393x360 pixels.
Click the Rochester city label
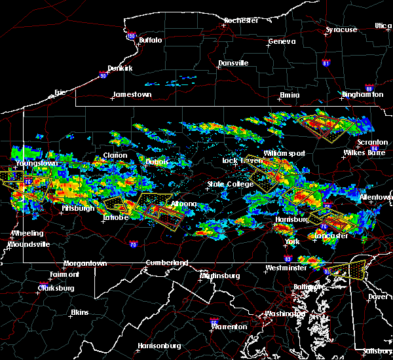click(241, 20)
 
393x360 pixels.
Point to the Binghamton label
click(362, 95)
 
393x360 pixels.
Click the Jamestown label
click(132, 94)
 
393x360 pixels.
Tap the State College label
click(230, 185)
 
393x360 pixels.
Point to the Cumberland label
click(167, 262)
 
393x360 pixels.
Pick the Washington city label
click(284, 314)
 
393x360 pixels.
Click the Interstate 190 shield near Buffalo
click(131, 36)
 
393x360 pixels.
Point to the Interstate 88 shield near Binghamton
click(369, 88)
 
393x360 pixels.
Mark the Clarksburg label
click(56, 287)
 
